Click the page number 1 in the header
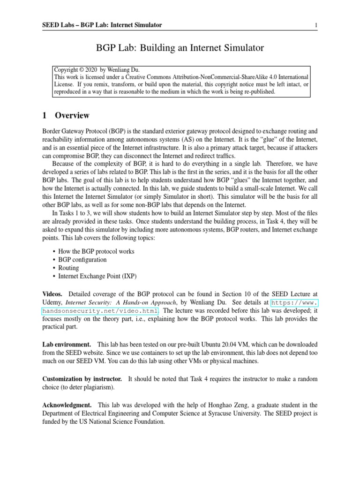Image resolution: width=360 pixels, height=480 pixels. [316, 25]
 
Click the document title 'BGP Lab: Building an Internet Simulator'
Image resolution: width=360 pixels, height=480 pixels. [180, 48]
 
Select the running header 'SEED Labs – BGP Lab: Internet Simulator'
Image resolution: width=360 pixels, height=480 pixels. [102, 25]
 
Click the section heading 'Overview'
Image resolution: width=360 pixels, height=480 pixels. [72, 115]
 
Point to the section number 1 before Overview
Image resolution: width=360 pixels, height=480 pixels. [45, 115]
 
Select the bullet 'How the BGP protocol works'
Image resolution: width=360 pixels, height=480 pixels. [96, 251]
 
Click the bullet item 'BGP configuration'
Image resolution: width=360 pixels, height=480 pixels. [82, 260]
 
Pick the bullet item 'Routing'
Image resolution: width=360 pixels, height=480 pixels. [69, 268]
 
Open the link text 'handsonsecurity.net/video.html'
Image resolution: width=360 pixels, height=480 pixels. [100, 310]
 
